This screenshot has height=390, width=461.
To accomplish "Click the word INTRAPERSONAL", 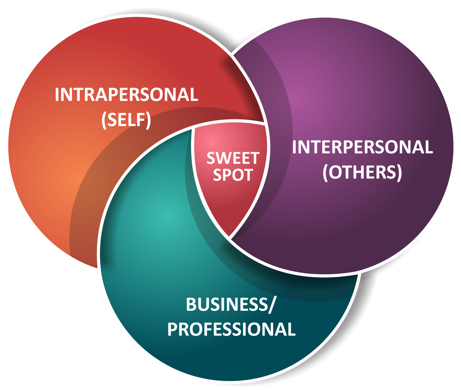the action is [x=126, y=94].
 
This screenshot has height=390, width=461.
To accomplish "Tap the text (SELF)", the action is [x=126, y=120].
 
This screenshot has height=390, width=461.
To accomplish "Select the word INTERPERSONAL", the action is [x=362, y=147].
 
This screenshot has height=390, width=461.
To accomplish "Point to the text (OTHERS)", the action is [x=362, y=172].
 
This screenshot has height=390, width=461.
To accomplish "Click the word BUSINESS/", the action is [x=231, y=305].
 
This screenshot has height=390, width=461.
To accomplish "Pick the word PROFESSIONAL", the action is [x=231, y=329].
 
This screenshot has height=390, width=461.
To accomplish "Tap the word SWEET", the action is [x=233, y=158].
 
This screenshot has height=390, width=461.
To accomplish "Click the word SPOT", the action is [x=233, y=175].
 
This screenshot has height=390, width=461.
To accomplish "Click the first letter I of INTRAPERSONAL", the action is [x=57, y=94].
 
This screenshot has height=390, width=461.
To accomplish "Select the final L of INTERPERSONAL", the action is [x=429, y=147].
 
